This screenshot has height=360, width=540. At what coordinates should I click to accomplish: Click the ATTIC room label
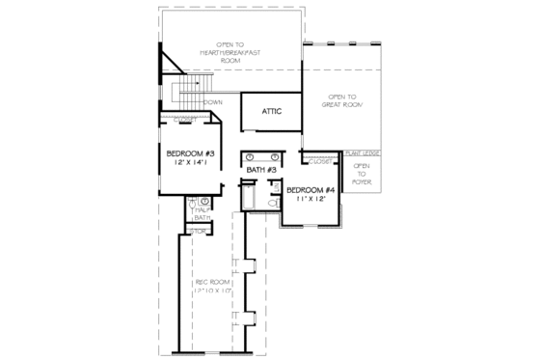point(272,112)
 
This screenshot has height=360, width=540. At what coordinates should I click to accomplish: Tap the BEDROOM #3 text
point(189,153)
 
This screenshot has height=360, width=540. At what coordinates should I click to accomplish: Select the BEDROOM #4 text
point(310,189)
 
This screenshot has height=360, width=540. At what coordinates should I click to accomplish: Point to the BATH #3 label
point(261,171)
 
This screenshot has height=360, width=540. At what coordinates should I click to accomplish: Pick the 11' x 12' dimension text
point(310,200)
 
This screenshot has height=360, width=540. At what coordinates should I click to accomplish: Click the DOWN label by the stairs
point(213,101)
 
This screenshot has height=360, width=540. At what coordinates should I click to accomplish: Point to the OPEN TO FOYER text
point(362,174)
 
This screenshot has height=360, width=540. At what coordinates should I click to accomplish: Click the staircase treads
point(185,94)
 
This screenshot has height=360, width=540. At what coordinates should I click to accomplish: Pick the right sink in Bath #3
point(275,156)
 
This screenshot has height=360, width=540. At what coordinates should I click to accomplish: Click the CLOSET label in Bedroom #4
point(320,160)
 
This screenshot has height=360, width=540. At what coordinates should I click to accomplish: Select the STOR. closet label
point(199,232)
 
